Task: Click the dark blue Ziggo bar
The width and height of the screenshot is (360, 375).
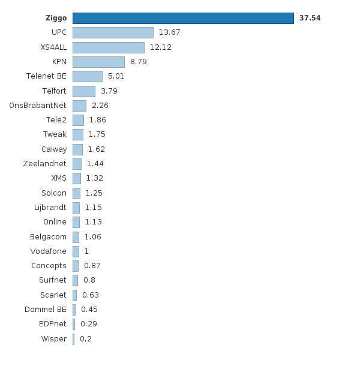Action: click(x=183, y=18)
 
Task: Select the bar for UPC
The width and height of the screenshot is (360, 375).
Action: click(x=113, y=32)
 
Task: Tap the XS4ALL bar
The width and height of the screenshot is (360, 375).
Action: click(x=108, y=47)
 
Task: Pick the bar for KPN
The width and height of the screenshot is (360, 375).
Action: click(x=98, y=62)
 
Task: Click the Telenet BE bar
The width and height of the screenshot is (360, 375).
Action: click(x=88, y=76)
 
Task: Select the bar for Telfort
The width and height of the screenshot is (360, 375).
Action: click(x=84, y=91)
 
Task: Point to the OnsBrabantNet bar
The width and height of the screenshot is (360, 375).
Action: click(x=79, y=106)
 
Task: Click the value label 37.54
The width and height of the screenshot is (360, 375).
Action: click(x=310, y=18)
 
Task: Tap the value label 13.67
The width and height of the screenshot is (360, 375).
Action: click(x=169, y=32)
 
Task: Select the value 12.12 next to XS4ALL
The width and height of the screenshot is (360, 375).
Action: click(x=161, y=47)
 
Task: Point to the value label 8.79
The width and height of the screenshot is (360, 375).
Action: click(x=139, y=62)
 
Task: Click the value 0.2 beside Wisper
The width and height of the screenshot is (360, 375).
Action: click(x=86, y=339)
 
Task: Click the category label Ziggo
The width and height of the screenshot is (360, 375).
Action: click(x=56, y=18)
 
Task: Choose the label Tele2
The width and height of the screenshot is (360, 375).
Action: click(x=56, y=120)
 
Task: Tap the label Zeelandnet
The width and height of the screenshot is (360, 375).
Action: click(x=44, y=164)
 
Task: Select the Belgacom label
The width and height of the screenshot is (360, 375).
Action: click(x=48, y=236)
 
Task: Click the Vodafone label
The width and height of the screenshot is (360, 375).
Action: click(x=48, y=251)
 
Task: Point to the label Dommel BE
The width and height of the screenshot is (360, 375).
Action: click(x=46, y=310)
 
